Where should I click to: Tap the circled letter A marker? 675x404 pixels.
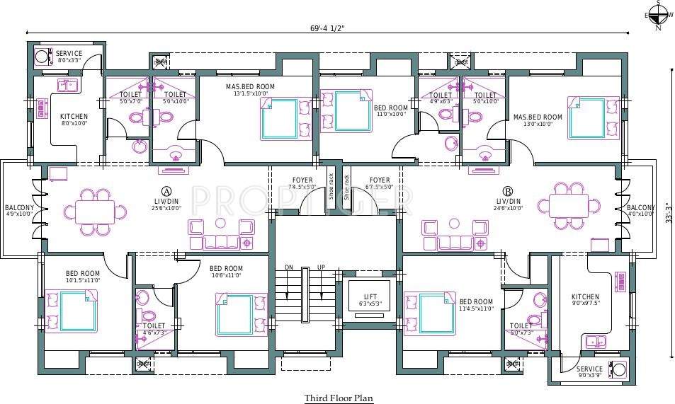coord(166,191)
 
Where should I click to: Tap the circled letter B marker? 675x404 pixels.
coord(508,191)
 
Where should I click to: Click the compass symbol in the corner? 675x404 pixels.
coord(658,14)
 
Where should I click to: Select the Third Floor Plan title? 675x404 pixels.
coord(339,398)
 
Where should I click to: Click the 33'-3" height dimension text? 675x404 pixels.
coord(668,210)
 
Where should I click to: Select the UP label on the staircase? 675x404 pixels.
coord(322,267)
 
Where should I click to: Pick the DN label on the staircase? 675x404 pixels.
coord(289,267)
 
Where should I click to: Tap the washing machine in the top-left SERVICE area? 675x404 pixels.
coord(42,56)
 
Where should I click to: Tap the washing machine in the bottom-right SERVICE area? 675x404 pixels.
coord(618,369)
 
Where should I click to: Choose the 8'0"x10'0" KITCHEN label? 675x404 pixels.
coord(74,120)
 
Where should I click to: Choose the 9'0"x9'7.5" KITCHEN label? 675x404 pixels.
coord(586,300)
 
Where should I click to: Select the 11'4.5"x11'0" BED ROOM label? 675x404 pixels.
coord(475,305)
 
